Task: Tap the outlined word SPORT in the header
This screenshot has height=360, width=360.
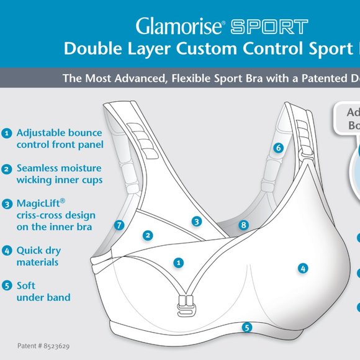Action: point(269,27)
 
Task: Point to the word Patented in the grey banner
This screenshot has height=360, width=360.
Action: point(314,79)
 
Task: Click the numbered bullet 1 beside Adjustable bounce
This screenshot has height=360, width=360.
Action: point(7,133)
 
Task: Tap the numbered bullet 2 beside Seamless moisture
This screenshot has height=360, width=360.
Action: point(7,169)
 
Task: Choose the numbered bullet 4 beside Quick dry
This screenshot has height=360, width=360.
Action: point(7,251)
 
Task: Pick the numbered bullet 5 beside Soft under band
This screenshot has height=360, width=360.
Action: point(7,286)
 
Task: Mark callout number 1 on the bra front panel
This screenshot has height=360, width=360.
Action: point(179,263)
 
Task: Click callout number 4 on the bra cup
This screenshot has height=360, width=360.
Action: point(303,268)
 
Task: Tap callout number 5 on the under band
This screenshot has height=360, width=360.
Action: point(246,326)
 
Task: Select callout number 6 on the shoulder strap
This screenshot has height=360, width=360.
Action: point(278,148)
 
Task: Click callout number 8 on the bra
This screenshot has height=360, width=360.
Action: point(244,225)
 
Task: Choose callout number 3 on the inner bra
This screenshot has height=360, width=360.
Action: point(196,220)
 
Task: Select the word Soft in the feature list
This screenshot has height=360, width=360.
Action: point(26,286)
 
